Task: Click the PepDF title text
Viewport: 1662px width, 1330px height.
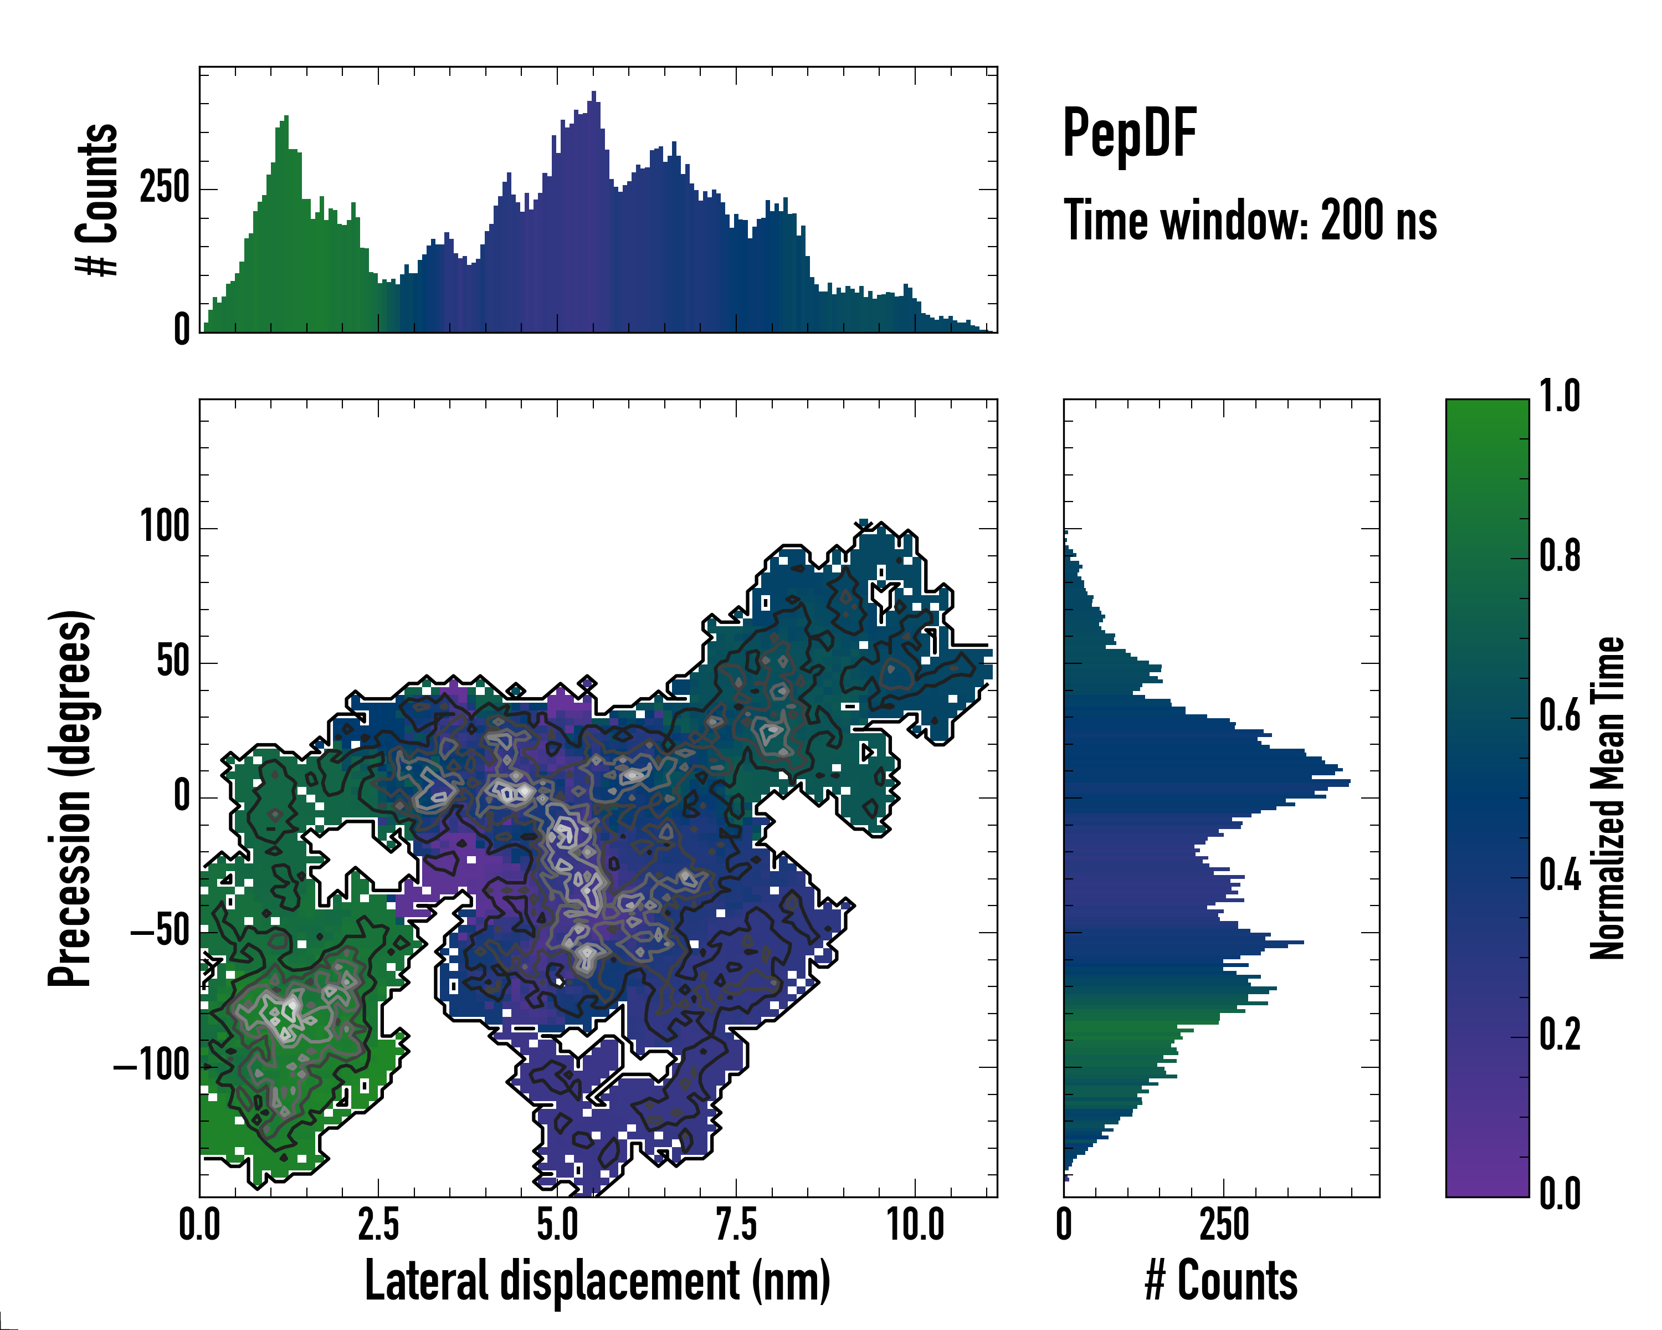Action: tap(1128, 134)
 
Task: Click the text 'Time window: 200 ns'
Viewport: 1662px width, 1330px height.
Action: tap(1250, 221)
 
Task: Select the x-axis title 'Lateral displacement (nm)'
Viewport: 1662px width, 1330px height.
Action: tap(597, 1281)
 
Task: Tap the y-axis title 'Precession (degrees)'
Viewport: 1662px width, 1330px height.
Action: tap(71, 798)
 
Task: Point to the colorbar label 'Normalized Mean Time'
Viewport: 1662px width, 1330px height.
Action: tap(1607, 798)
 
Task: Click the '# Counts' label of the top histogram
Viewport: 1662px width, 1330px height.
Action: tap(97, 199)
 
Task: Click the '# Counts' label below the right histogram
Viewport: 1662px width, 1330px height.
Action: tap(1221, 1281)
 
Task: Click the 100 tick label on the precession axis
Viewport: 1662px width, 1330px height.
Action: tap(164, 528)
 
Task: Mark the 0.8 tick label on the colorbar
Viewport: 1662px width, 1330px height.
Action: tap(1559, 557)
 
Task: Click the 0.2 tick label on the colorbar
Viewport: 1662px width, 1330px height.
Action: tap(1559, 1036)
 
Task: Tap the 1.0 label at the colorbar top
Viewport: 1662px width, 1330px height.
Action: tap(1559, 397)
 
